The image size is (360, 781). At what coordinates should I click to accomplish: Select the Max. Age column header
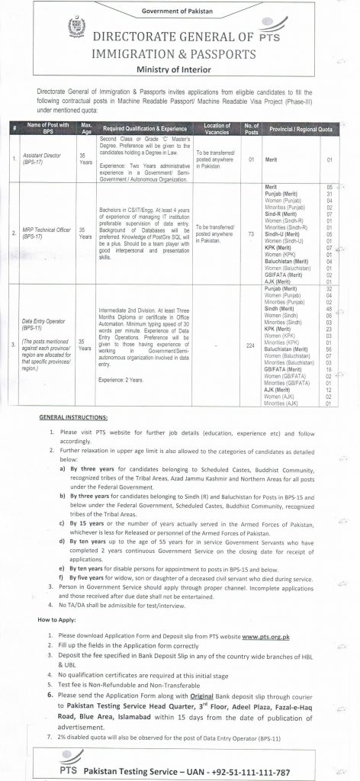pyautogui.click(x=86, y=126)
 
